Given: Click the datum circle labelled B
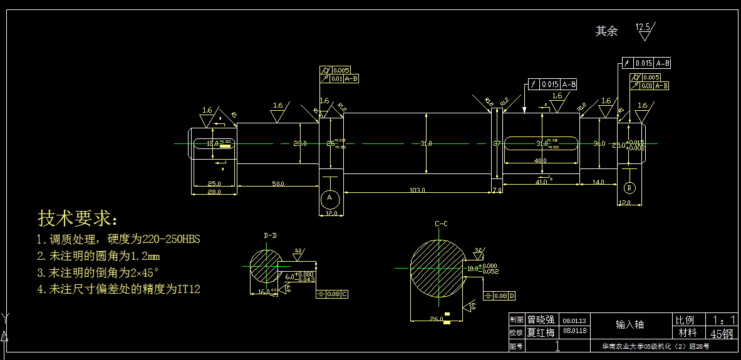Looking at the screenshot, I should tap(630, 187).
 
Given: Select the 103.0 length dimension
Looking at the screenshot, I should tap(417, 190).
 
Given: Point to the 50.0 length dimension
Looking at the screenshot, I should tap(278, 183).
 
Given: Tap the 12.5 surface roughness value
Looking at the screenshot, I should tap(643, 27).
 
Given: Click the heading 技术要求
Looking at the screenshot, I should tap(78, 219).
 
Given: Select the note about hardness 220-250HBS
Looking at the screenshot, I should tap(118, 239).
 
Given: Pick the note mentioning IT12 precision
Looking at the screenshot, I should tap(118, 289).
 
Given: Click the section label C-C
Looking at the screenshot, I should tap(440, 224).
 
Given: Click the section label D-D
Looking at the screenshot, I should tap(270, 235).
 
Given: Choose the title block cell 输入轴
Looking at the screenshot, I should tap(630, 324).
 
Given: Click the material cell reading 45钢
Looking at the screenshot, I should tap(722, 333).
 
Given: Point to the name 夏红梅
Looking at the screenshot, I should tap(541, 332).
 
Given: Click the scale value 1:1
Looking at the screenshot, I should tap(722, 320).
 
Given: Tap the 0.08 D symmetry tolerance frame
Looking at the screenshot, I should tap(500, 296).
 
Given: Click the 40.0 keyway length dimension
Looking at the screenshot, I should tap(540, 161).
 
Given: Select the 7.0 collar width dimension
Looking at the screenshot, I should tap(496, 190).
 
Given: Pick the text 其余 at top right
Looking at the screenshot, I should tap(606, 31).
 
